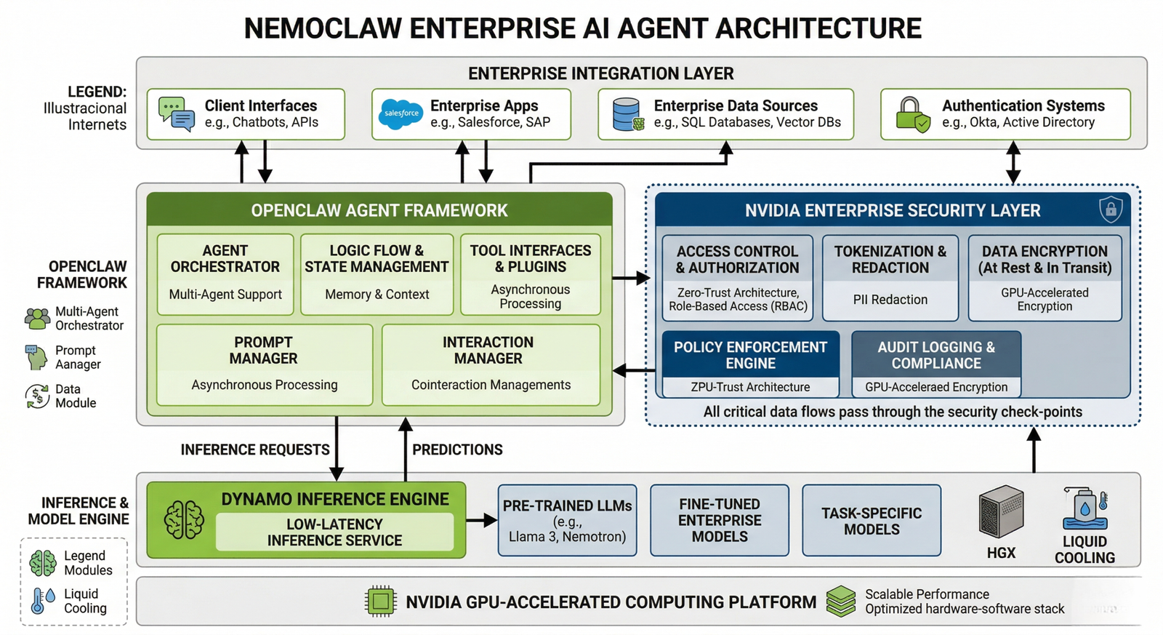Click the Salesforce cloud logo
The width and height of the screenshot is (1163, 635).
[401, 114]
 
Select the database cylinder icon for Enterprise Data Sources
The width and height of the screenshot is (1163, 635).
[627, 114]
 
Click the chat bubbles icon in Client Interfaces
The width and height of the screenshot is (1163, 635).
[177, 114]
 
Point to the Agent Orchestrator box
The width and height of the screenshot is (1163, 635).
[225, 273]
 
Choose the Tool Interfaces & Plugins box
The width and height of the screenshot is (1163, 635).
[530, 273]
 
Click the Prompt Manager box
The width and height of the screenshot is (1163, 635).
[264, 364]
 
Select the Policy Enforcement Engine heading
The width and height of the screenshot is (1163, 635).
[750, 355]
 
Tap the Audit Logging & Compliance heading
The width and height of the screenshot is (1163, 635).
[936, 355]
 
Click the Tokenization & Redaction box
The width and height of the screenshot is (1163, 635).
[890, 277]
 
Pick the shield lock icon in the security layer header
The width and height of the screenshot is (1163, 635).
[1111, 210]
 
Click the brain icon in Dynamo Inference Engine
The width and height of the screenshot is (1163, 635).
[184, 520]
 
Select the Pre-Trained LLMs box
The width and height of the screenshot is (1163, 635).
[567, 521]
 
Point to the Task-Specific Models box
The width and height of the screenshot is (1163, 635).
[872, 521]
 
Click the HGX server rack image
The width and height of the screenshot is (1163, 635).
[1001, 512]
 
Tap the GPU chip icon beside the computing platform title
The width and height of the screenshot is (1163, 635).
[380, 602]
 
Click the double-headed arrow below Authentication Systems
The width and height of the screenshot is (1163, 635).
[1013, 163]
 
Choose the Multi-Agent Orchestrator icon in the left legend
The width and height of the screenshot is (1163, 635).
[37, 318]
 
